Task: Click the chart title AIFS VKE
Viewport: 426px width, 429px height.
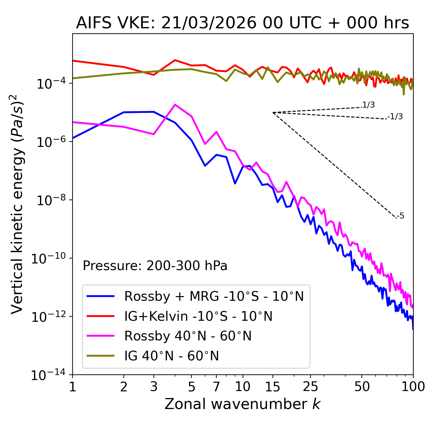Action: tap(242, 23)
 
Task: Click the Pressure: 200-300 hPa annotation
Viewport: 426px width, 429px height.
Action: tap(155, 266)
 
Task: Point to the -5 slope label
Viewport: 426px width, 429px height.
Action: tap(400, 216)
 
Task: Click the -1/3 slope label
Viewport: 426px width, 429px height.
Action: tap(395, 117)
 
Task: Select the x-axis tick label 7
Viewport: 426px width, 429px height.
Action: tap(216, 387)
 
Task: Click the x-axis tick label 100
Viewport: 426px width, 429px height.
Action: tap(413, 387)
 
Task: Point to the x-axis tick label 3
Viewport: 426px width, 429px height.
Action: tap(154, 387)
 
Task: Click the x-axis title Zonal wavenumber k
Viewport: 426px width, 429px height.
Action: tap(242, 404)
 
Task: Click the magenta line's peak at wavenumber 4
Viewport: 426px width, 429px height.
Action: tap(175, 105)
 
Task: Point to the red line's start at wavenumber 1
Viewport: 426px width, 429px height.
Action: tap(73, 61)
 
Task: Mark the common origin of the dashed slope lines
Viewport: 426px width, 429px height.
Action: tap(273, 113)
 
